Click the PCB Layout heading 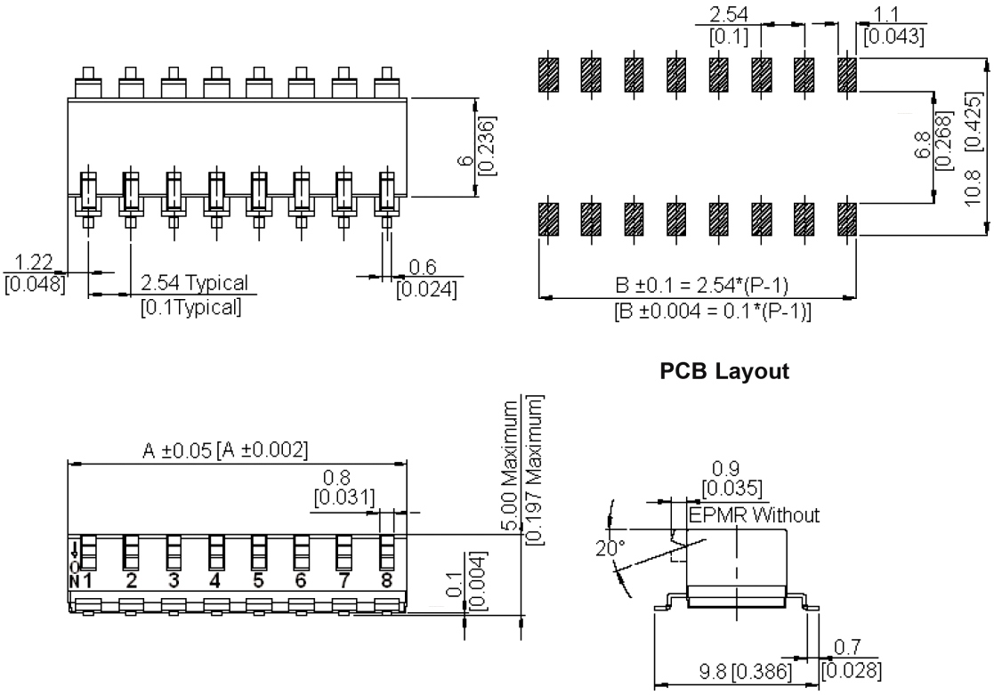coord(724,372)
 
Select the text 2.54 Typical coord(195,283)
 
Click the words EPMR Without coord(753,514)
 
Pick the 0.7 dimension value coord(850,648)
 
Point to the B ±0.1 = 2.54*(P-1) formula coord(703,285)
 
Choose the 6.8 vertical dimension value coord(921,147)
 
